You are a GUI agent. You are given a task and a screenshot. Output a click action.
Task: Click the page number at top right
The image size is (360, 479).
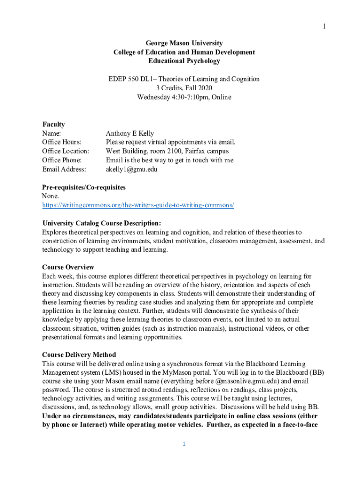(x=323, y=26)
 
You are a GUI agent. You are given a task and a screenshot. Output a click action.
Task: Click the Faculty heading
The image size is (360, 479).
(x=53, y=124)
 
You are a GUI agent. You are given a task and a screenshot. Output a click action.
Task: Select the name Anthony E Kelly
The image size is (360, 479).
(x=130, y=133)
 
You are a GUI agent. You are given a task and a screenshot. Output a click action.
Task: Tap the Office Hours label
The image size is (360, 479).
(x=61, y=142)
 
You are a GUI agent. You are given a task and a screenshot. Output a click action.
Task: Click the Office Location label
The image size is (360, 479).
(x=65, y=151)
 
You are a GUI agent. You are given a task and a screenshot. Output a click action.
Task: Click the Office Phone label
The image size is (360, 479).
(x=62, y=160)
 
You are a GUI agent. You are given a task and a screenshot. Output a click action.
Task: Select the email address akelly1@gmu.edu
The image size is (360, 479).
(x=131, y=169)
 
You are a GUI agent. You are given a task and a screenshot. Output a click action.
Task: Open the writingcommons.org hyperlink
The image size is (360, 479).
(x=138, y=205)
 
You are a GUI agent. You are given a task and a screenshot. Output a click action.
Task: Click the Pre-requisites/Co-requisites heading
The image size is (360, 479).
(x=84, y=187)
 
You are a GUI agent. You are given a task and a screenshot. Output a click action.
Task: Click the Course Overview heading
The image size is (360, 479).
(x=68, y=268)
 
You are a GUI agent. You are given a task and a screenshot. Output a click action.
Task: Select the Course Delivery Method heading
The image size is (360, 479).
(x=79, y=355)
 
